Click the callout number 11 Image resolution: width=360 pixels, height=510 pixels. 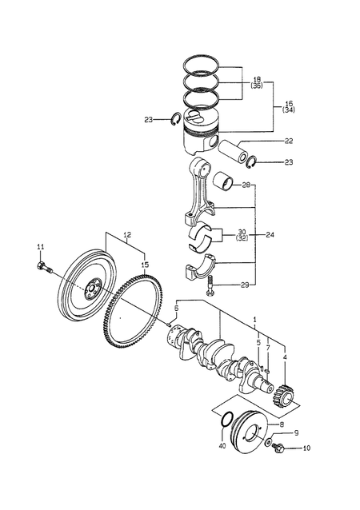(x=40, y=247)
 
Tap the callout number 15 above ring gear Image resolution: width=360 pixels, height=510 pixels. (x=145, y=265)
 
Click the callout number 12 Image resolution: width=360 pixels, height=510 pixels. (x=127, y=234)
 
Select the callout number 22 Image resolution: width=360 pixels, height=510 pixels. (x=289, y=141)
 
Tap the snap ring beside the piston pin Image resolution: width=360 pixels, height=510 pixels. (x=252, y=162)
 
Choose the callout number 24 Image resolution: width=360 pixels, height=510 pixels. (x=270, y=234)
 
